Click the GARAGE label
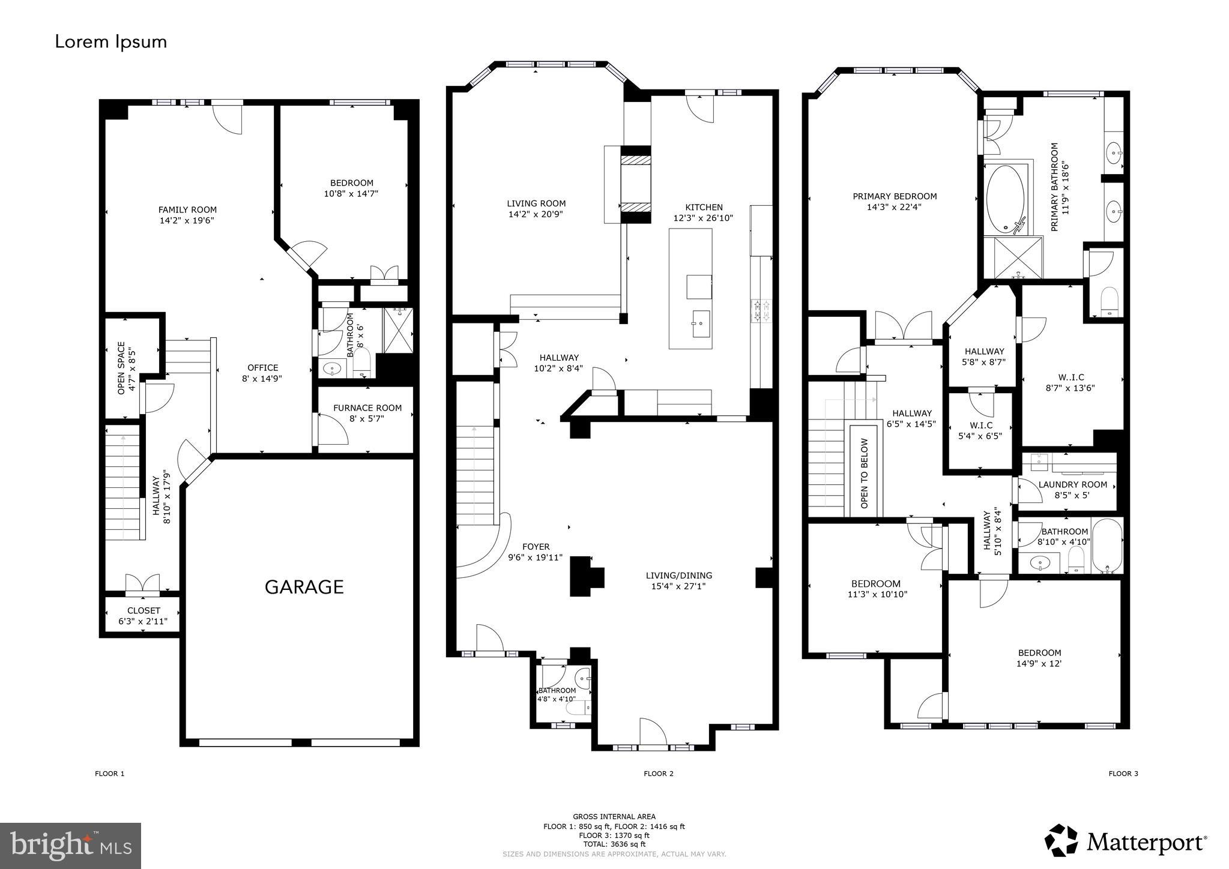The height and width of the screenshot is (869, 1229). [x=304, y=586]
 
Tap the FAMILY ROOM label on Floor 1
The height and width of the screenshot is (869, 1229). [x=187, y=210]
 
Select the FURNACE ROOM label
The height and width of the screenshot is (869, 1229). [x=367, y=408]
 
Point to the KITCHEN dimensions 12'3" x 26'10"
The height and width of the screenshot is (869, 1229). [x=703, y=218]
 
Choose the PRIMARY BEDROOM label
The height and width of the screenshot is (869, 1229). [x=895, y=196]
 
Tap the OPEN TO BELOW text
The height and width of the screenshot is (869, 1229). [x=865, y=474]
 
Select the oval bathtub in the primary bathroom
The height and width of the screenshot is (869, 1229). [x=1006, y=199]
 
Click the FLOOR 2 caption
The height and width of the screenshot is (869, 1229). [x=659, y=774]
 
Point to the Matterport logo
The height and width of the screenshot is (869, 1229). [x=1126, y=842]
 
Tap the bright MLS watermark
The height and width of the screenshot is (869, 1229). [x=71, y=846]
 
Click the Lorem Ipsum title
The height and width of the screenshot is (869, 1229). [x=111, y=42]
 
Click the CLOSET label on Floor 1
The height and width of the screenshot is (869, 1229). [x=143, y=610]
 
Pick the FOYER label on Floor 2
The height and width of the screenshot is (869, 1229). [x=536, y=547]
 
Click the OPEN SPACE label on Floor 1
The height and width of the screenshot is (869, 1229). [x=122, y=368]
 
